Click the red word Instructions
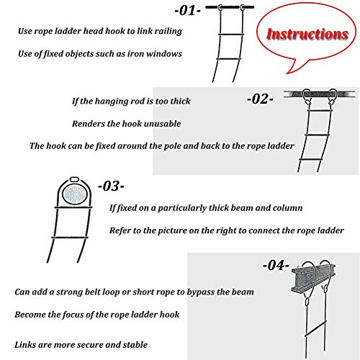(x=307, y=34)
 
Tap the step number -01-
(x=187, y=11)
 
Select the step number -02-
(x=260, y=99)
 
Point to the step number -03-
(x=111, y=186)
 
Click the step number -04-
(x=276, y=266)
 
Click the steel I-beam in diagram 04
(x=313, y=279)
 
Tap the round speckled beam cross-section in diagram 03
(x=75, y=194)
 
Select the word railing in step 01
(x=168, y=32)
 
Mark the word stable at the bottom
(x=135, y=345)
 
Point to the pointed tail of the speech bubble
(x=287, y=73)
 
